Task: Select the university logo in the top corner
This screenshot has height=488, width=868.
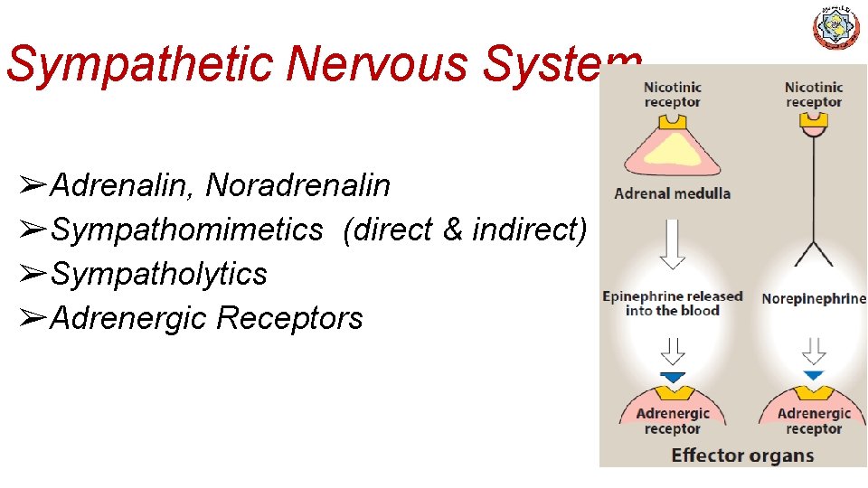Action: point(837,28)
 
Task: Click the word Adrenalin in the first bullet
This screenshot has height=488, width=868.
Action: point(121,186)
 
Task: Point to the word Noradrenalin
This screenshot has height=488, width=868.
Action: point(298,186)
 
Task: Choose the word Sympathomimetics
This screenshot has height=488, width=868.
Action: point(186,230)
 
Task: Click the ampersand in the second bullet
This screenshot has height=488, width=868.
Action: point(452,230)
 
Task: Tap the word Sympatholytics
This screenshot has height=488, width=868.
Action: point(159,274)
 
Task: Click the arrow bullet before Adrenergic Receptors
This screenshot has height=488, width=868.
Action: point(33,318)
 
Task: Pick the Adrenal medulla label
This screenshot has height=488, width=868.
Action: point(672,192)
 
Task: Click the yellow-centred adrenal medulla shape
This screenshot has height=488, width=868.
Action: point(672,145)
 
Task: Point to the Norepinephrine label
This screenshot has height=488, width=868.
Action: point(814,299)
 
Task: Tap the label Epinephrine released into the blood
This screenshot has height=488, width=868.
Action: point(672,304)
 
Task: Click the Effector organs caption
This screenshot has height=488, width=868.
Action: point(742,455)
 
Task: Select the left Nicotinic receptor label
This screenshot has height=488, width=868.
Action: point(672,94)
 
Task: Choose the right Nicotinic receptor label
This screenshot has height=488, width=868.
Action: point(814,94)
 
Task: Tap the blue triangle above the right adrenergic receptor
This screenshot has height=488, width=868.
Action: point(814,375)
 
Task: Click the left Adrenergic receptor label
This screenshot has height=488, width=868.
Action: point(673,421)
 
